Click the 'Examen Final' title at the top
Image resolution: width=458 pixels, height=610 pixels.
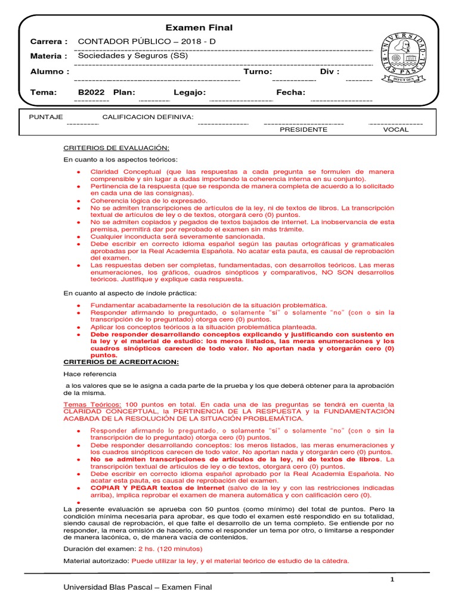(x=199, y=28)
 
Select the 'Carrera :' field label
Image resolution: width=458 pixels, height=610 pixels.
(x=49, y=42)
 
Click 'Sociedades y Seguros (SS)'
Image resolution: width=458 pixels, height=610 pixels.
(x=133, y=55)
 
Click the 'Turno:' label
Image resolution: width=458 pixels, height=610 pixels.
(x=258, y=71)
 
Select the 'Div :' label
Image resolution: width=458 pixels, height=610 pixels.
(x=330, y=71)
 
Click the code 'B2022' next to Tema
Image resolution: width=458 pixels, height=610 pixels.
(x=91, y=92)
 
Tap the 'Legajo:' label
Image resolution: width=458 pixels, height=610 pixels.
(x=190, y=92)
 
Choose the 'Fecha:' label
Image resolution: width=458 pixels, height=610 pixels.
(x=290, y=92)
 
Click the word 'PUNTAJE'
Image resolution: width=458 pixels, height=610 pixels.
(x=46, y=117)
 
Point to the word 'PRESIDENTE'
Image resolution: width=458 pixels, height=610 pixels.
(x=304, y=129)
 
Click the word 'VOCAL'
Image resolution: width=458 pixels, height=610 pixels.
(x=396, y=129)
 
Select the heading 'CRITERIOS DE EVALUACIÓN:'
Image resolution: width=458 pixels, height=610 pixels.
(x=116, y=148)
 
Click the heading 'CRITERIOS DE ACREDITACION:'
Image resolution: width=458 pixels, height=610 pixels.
(x=121, y=362)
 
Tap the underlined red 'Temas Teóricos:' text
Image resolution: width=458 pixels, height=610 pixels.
(x=92, y=404)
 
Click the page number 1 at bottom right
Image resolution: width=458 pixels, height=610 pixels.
(x=392, y=580)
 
